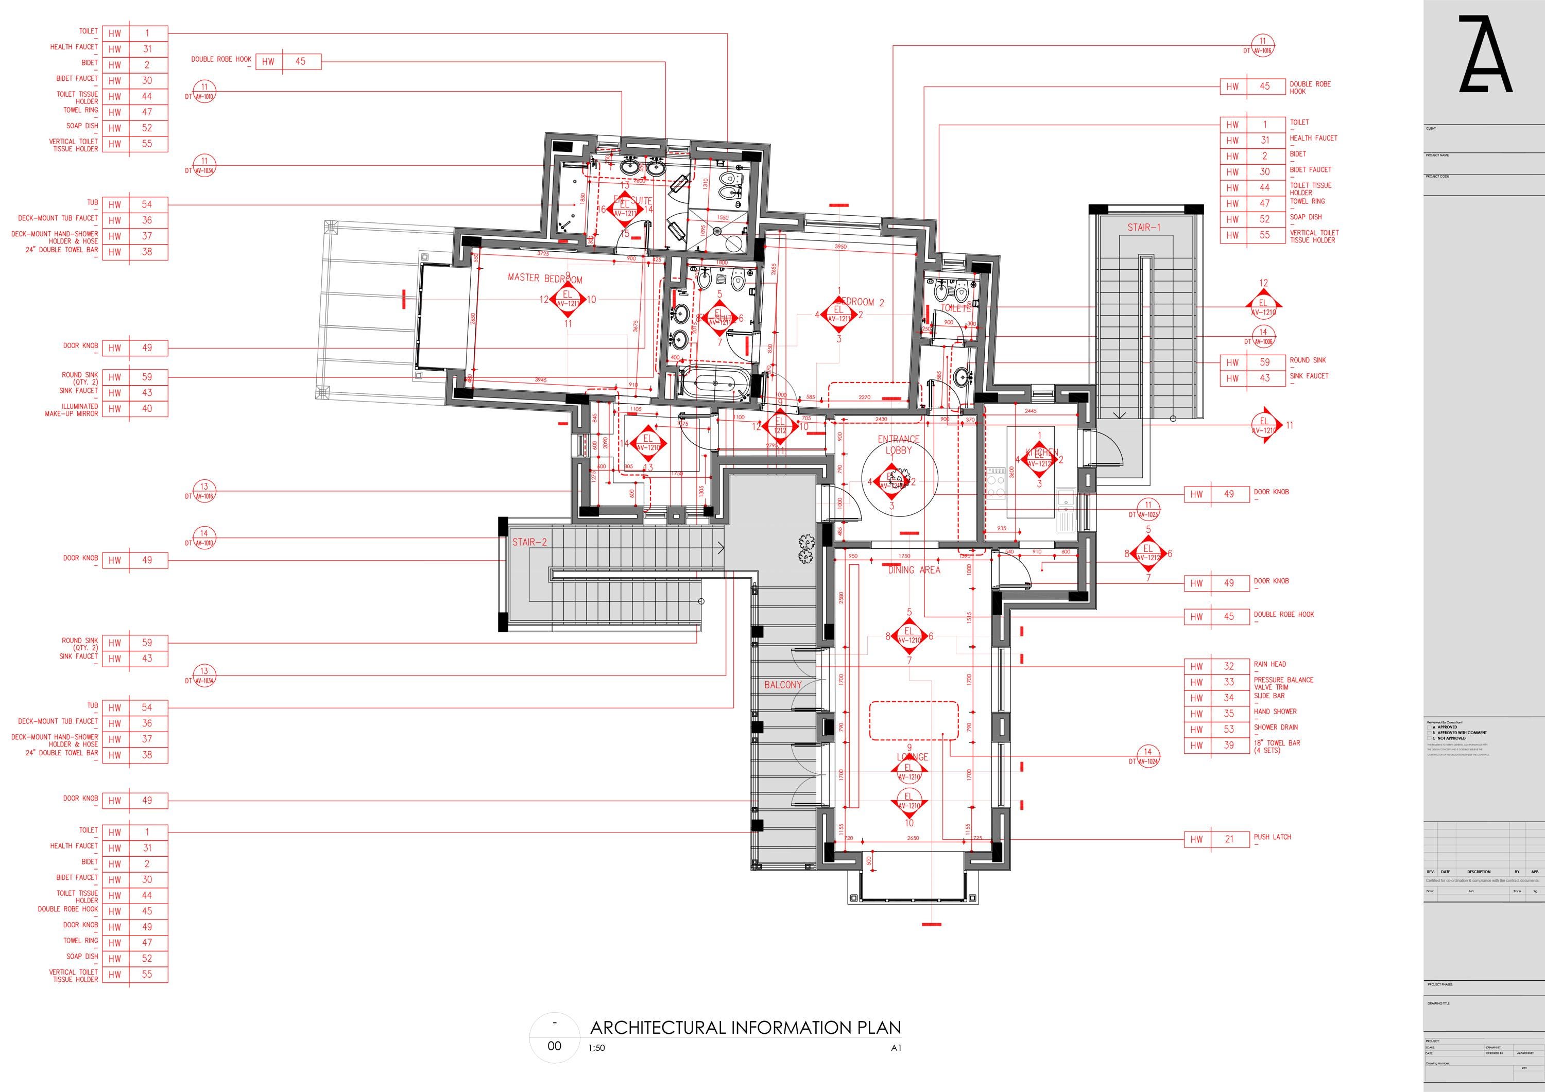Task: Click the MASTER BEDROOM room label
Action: point(544,278)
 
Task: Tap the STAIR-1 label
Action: point(1144,228)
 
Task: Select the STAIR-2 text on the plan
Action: point(529,542)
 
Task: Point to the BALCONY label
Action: point(783,685)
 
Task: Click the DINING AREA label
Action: point(914,570)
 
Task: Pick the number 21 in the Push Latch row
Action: point(1229,839)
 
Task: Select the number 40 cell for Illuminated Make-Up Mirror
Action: point(147,408)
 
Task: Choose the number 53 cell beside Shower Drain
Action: point(1229,730)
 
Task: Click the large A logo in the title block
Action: point(1485,55)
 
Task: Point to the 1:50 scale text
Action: point(596,1048)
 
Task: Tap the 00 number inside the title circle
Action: point(554,1046)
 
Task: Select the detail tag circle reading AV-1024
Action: point(1147,757)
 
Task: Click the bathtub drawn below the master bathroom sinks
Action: point(713,384)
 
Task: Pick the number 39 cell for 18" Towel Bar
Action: point(1229,746)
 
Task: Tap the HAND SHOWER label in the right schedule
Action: point(1275,711)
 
